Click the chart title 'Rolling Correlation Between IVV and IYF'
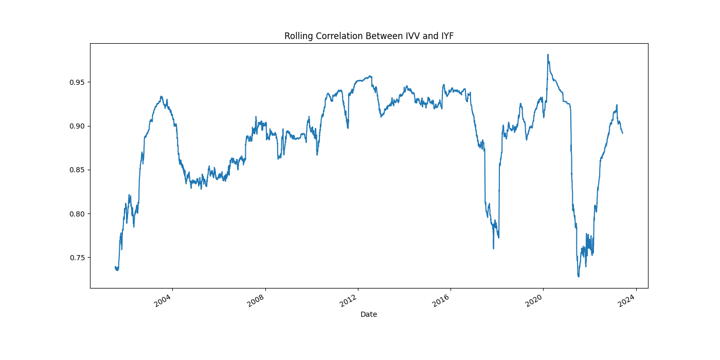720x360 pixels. pyautogui.click(x=369, y=36)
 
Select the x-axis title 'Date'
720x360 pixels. pyautogui.click(x=369, y=314)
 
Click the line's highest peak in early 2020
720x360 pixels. pyautogui.click(x=548, y=55)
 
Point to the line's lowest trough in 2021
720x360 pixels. pyautogui.click(x=579, y=277)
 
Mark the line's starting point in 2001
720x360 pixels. pyautogui.click(x=115, y=267)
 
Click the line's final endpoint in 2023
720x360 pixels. pyautogui.click(x=622, y=133)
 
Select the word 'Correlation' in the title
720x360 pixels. pyautogui.click(x=341, y=36)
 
